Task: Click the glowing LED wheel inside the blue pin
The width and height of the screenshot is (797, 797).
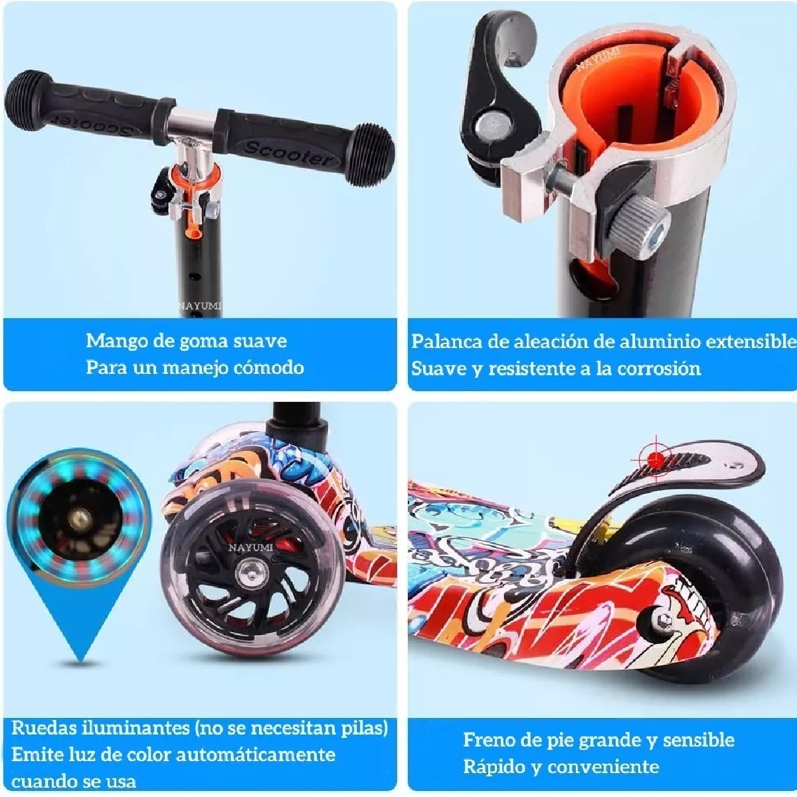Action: [x=80, y=519]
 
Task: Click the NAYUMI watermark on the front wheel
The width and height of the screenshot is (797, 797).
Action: [x=250, y=548]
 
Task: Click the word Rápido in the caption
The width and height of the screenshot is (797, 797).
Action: [x=493, y=767]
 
